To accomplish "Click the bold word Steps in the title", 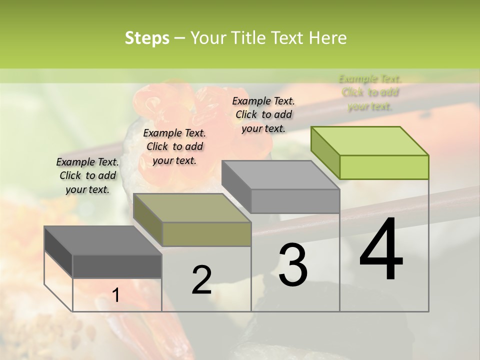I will [147, 38].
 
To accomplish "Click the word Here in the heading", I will [327, 38].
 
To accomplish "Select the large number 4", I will [381, 250].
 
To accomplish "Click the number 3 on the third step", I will [293, 265].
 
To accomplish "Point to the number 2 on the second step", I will [201, 280].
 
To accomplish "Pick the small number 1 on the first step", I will [116, 295].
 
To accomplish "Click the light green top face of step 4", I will [369, 141].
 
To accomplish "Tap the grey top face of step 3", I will [280, 175].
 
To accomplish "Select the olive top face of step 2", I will [191, 208].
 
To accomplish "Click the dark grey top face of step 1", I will [102, 240].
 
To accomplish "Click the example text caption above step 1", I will [87, 176].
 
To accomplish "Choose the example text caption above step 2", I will [174, 146].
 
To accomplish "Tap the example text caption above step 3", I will [263, 114].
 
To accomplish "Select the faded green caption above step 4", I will [370, 92].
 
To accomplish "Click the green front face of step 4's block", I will [384, 167].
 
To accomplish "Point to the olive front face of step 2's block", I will [206, 234].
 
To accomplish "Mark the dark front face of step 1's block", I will [117, 266].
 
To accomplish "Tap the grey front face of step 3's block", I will [295, 201].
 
